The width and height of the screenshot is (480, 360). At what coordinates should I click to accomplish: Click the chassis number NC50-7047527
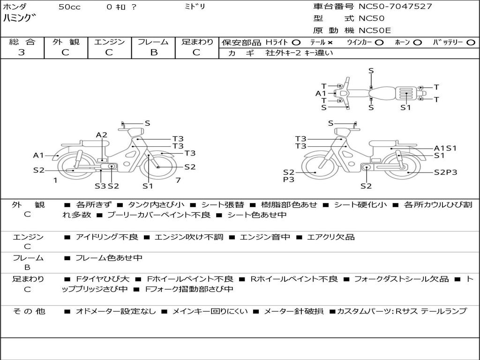pos(395,7)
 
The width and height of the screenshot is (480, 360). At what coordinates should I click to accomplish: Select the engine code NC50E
pos(375,30)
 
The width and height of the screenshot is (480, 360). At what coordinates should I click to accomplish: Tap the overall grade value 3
pos(22,52)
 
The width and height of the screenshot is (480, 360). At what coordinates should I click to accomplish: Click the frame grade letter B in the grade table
pos(154,52)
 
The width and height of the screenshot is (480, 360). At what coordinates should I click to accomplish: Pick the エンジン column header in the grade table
pos(109,42)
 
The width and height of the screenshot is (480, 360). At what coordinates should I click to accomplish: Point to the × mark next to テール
pos(330,43)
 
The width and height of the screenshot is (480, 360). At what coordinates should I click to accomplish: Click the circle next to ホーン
pos(417,43)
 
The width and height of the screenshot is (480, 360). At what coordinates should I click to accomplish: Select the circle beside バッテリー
pos(471,43)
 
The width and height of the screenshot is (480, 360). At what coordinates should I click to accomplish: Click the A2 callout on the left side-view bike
pos(102,135)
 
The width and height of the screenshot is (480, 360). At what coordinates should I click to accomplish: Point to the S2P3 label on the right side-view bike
pos(445,172)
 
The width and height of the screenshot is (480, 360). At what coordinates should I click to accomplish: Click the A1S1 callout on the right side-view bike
pos(445,148)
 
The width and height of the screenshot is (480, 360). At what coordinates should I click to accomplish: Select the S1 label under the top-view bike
pos(405,107)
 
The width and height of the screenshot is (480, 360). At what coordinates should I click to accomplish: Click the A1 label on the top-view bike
pos(321,93)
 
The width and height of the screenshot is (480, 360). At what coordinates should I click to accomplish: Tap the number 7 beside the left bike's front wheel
pos(178,180)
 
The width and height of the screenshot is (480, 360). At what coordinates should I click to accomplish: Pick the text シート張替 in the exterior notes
pos(223,204)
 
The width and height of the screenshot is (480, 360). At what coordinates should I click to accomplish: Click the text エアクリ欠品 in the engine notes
pos(330,237)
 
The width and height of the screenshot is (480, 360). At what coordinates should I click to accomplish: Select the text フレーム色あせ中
pos(109,258)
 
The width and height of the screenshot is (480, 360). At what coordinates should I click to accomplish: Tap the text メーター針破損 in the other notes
pos(293,311)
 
